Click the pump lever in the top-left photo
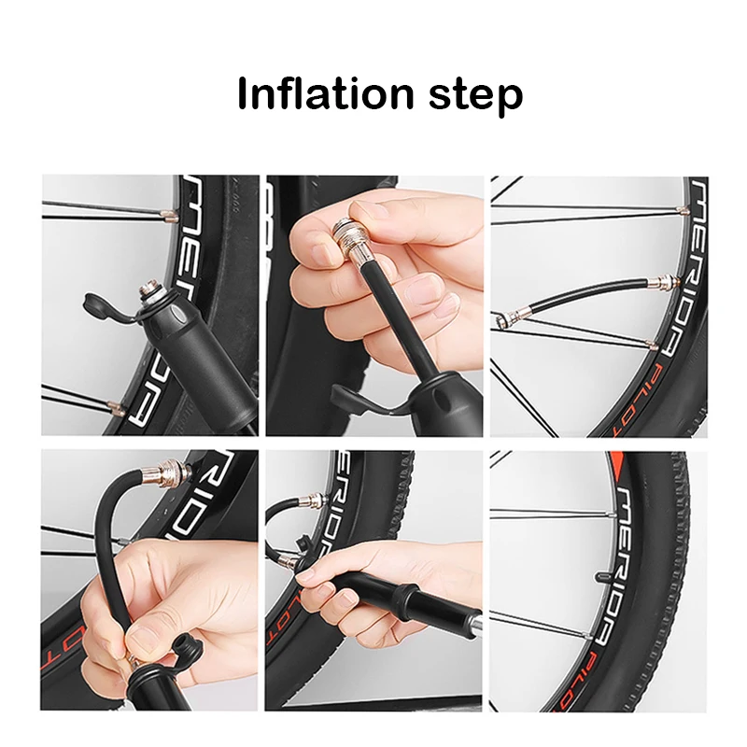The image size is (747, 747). pos(106,307)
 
